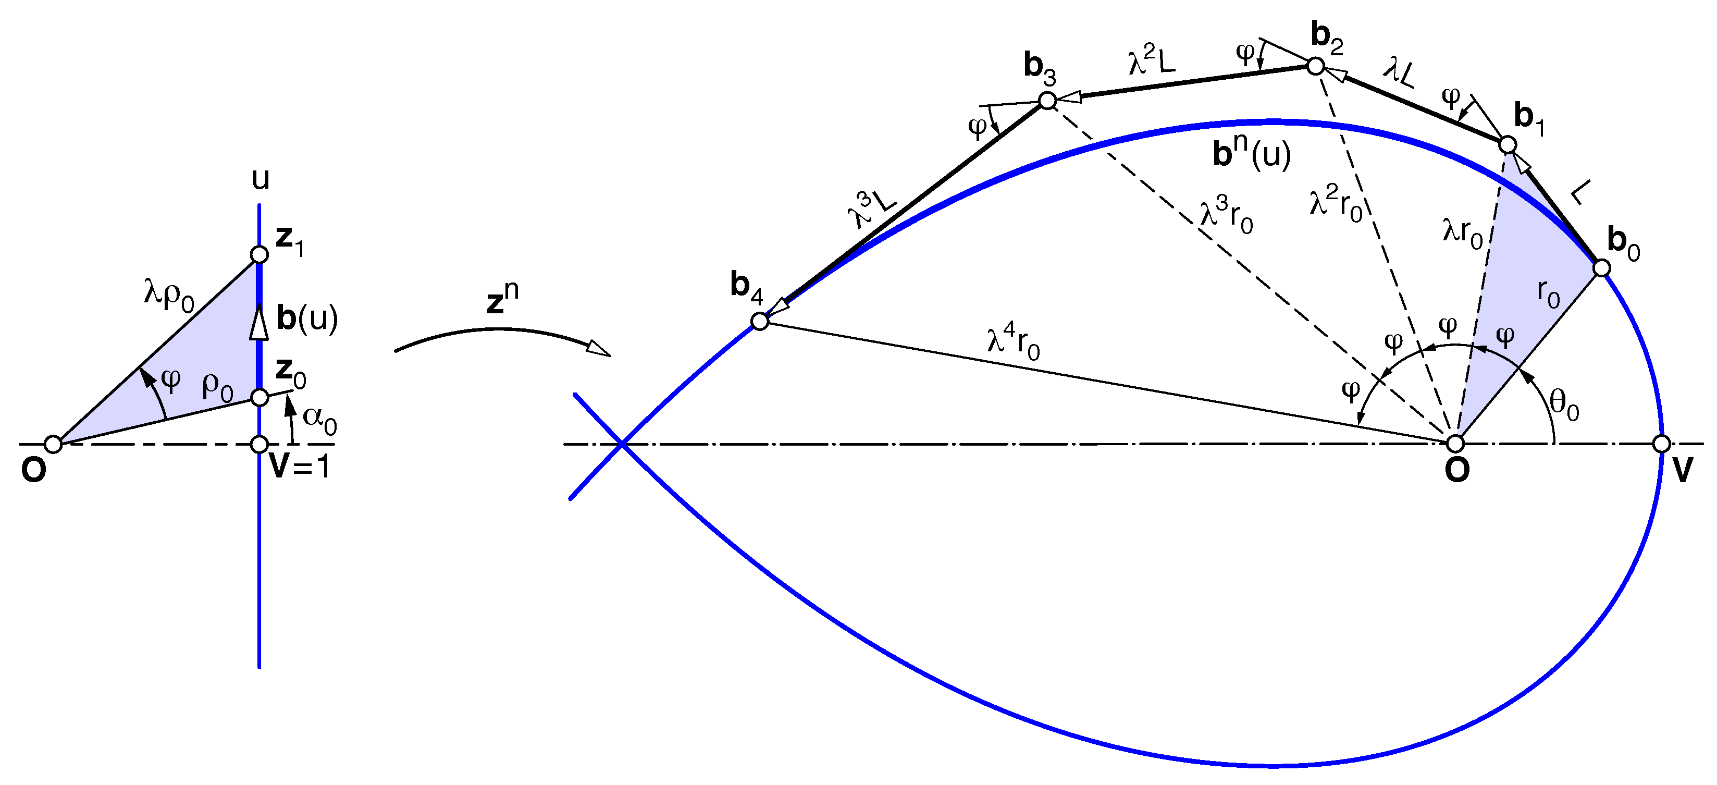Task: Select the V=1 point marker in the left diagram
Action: tap(260, 444)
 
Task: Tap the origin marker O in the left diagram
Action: tap(53, 444)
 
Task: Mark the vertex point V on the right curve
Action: tap(1662, 444)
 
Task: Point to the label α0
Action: tap(320, 420)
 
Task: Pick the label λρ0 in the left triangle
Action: tap(169, 295)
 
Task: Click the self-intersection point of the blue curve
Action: tap(622, 444)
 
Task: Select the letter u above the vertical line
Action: tap(261, 179)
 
